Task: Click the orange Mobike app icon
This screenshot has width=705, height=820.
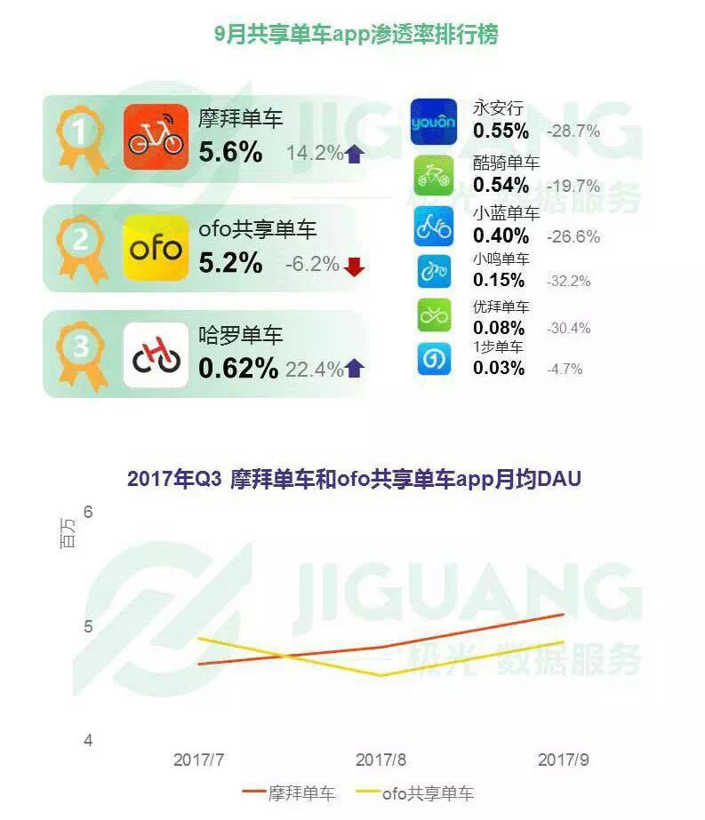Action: [156, 136]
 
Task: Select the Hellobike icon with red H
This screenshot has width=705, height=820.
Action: [156, 355]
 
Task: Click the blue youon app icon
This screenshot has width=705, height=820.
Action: [434, 121]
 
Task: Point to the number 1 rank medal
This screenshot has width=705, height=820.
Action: [81, 135]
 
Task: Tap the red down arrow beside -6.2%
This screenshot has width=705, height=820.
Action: [355, 266]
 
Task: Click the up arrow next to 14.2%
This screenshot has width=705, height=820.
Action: [355, 154]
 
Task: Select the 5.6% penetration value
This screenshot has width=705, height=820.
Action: [230, 153]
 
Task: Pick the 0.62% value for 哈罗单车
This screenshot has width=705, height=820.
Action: [238, 368]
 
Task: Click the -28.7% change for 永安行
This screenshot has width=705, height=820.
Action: [573, 131]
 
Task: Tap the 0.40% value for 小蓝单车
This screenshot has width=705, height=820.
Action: [501, 236]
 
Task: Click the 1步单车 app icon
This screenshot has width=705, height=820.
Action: [434, 359]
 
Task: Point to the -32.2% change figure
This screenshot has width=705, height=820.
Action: [569, 281]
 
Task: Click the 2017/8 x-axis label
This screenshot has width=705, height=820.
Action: [381, 760]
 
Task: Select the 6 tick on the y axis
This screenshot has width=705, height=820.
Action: [87, 513]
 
